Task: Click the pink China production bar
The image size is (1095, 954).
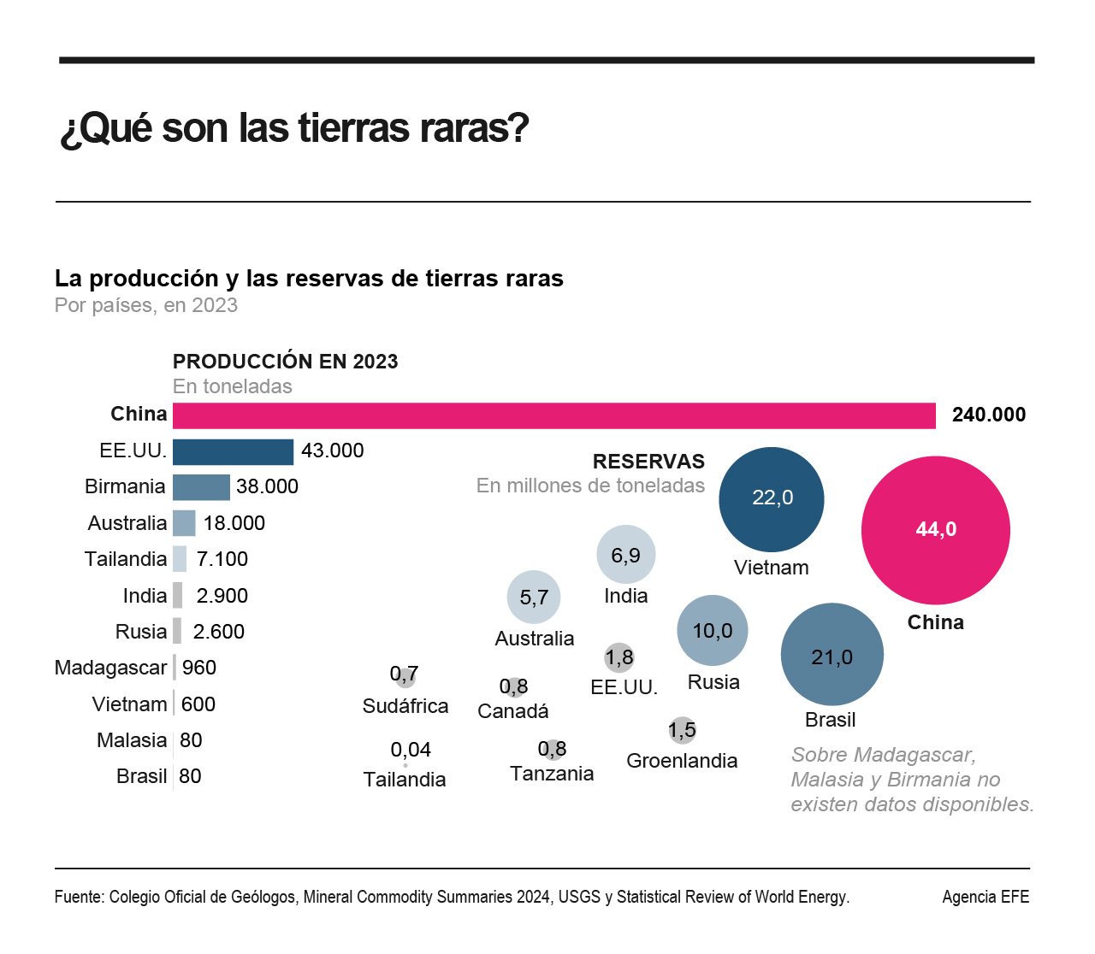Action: [553, 415]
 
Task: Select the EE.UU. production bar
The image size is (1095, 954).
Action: [233, 451]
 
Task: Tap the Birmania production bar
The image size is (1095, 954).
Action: [201, 487]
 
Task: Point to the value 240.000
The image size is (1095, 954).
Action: [988, 415]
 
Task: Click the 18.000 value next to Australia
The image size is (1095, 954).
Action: [234, 523]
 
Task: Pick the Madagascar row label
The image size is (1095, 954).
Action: [110, 668]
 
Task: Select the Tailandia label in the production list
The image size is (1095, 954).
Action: [126, 559]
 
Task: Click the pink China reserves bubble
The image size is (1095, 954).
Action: [935, 530]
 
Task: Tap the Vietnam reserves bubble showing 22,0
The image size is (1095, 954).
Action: [772, 499]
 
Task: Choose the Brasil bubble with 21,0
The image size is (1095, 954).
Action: [832, 656]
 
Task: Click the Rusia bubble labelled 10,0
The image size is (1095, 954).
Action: [712, 631]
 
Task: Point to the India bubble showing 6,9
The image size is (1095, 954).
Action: [625, 555]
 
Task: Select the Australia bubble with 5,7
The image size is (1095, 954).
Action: [534, 597]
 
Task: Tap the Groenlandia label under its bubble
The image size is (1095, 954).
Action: [682, 761]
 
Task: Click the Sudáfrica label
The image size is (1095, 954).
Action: [405, 706]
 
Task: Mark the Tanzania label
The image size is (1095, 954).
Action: [552, 774]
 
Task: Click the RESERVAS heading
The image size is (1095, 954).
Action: [648, 462]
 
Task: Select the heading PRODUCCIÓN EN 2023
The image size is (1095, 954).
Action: [286, 362]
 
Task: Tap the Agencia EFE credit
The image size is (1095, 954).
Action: [985, 897]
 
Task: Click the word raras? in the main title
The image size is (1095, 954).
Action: [474, 128]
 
